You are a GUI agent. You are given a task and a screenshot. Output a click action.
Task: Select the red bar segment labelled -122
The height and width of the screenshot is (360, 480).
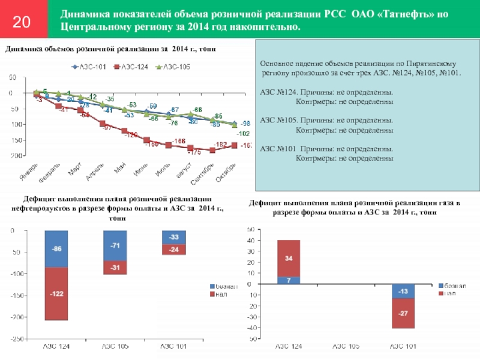pos(56,293)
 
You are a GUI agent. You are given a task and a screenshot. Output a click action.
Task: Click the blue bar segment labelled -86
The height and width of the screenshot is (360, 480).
pos(56,248)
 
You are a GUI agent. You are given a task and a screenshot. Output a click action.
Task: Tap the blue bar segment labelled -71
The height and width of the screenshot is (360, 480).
pos(114,245)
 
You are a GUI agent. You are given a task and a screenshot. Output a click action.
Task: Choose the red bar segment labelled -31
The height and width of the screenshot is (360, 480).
pos(114,268)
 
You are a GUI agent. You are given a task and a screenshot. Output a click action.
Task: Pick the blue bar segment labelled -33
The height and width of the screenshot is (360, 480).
pos(173,237)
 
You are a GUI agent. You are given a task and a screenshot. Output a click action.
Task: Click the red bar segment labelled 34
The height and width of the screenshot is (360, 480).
pos(289,259)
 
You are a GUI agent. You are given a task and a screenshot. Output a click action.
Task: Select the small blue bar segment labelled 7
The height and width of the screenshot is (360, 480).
pos(289,280)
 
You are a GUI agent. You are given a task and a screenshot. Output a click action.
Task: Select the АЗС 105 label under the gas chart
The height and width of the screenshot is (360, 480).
pos(346,347)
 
